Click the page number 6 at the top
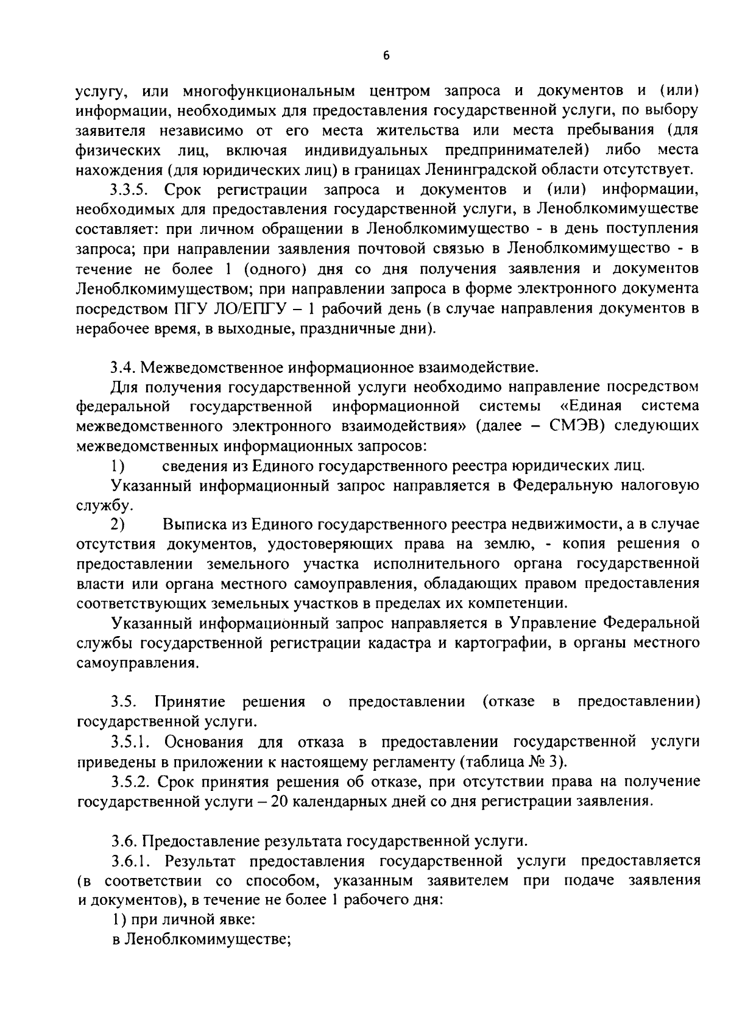pos(386,56)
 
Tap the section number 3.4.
pos(124,367)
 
